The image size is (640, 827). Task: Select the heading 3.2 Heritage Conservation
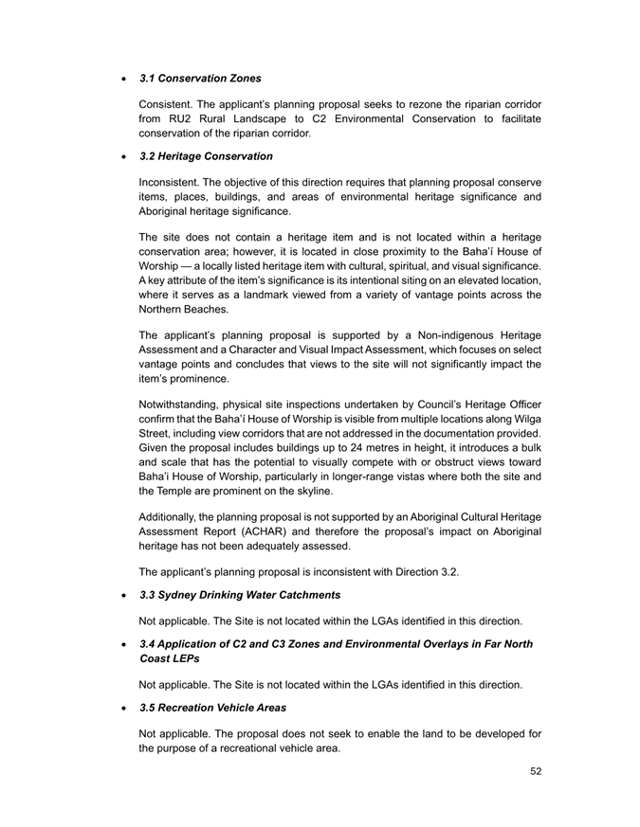(x=206, y=155)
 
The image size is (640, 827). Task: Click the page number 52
(x=536, y=772)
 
